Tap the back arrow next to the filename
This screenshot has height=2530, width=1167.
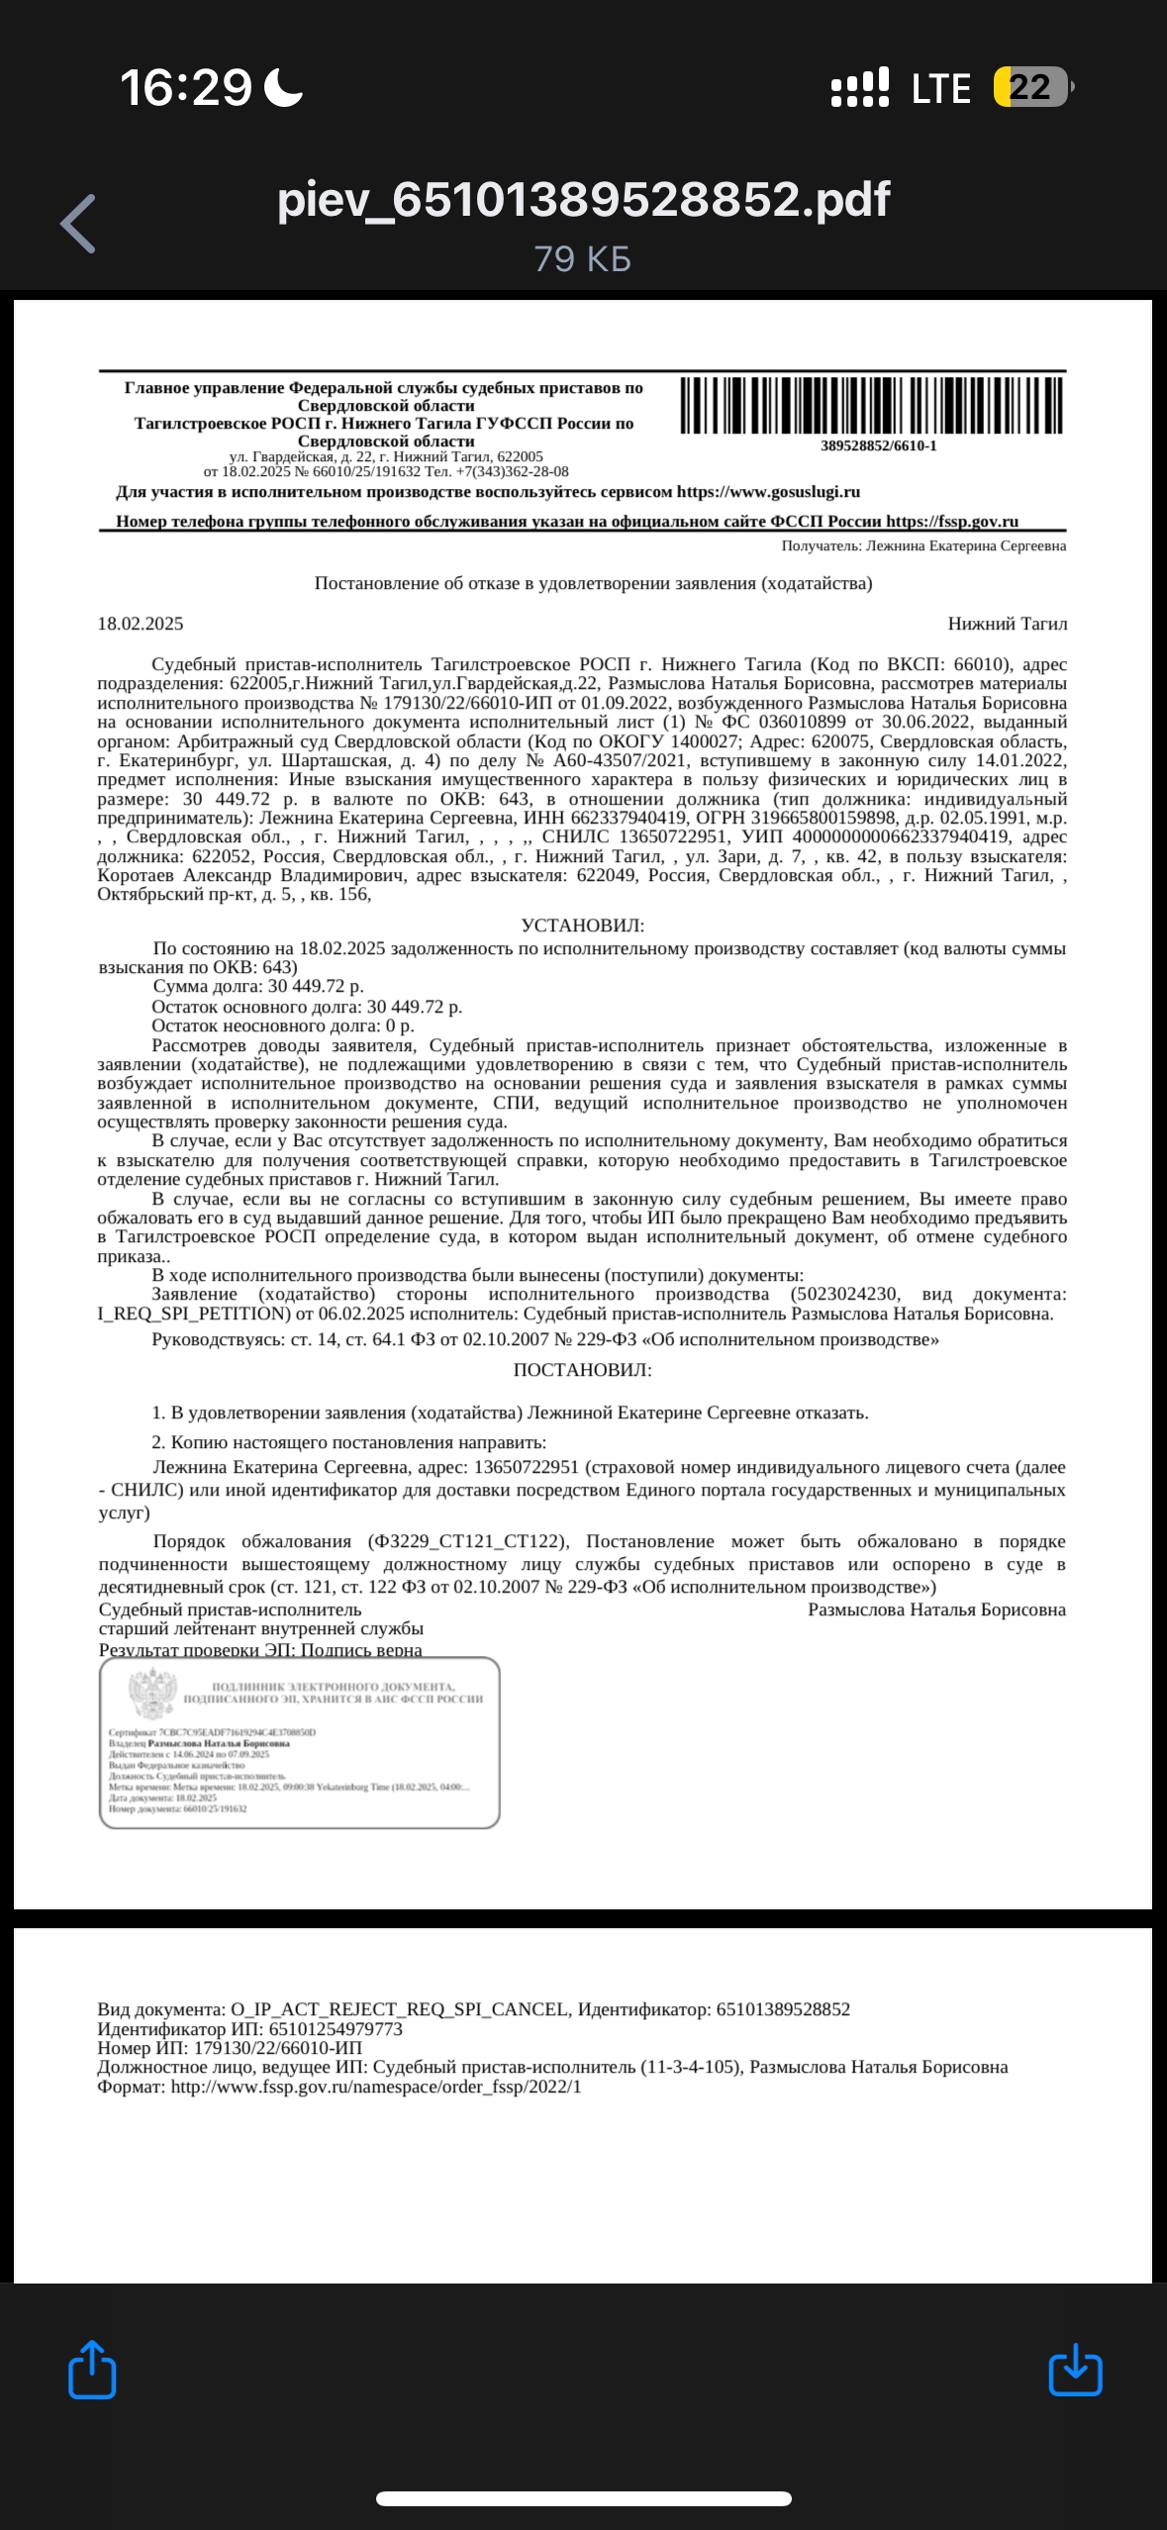pyautogui.click(x=79, y=224)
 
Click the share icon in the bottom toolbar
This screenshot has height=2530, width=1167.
pyautogui.click(x=92, y=2370)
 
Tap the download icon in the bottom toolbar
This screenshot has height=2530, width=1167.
pyautogui.click(x=1075, y=2370)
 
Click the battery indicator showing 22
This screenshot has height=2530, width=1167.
pyautogui.click(x=1031, y=87)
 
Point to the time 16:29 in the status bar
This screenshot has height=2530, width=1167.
pyautogui.click(x=186, y=88)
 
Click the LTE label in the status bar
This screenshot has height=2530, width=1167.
pyautogui.click(x=940, y=89)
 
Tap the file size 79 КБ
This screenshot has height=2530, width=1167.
pyautogui.click(x=583, y=259)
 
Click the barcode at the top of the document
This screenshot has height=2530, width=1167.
pyautogui.click(x=871, y=405)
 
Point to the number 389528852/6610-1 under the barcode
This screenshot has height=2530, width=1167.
pyautogui.click(x=878, y=446)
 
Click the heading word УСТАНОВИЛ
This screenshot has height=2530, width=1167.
pyautogui.click(x=582, y=925)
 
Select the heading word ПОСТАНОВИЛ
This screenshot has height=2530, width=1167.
pyautogui.click(x=582, y=1370)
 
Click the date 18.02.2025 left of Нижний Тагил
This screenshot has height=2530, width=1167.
pyautogui.click(x=141, y=624)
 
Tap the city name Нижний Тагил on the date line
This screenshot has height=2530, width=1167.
pyautogui.click(x=1007, y=624)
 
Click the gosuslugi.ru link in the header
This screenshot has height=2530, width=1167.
pyautogui.click(x=768, y=492)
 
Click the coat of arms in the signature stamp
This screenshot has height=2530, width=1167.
pyautogui.click(x=152, y=1692)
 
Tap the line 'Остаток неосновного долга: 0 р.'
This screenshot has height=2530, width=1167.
pyautogui.click(x=283, y=1025)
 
